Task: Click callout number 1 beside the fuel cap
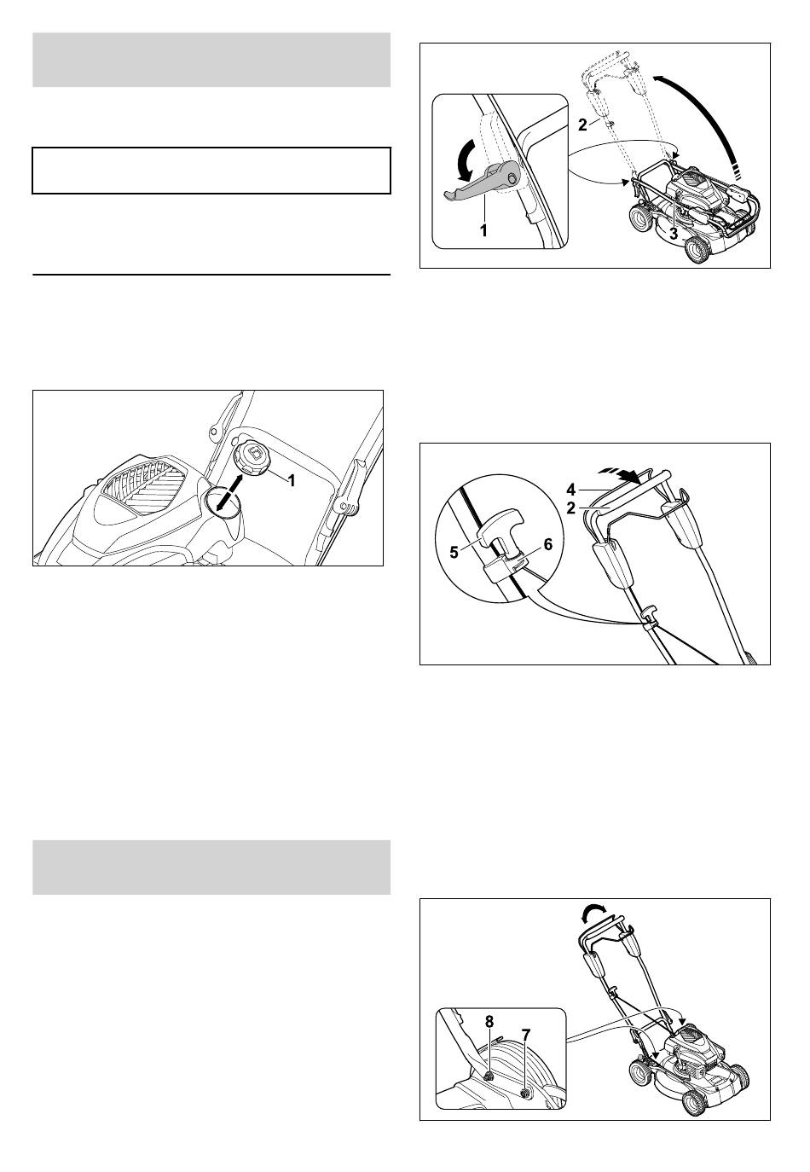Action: pos(292,479)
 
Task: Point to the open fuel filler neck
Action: pos(223,502)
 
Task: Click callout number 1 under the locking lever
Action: pos(483,230)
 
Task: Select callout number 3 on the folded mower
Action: pos(674,235)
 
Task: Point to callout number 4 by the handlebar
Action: pos(571,490)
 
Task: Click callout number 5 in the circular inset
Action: pos(454,552)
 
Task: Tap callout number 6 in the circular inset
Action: pos(547,545)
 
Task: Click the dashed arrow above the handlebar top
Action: pos(622,473)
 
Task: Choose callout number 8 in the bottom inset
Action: pos(489,1021)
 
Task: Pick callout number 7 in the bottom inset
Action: pos(526,1034)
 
